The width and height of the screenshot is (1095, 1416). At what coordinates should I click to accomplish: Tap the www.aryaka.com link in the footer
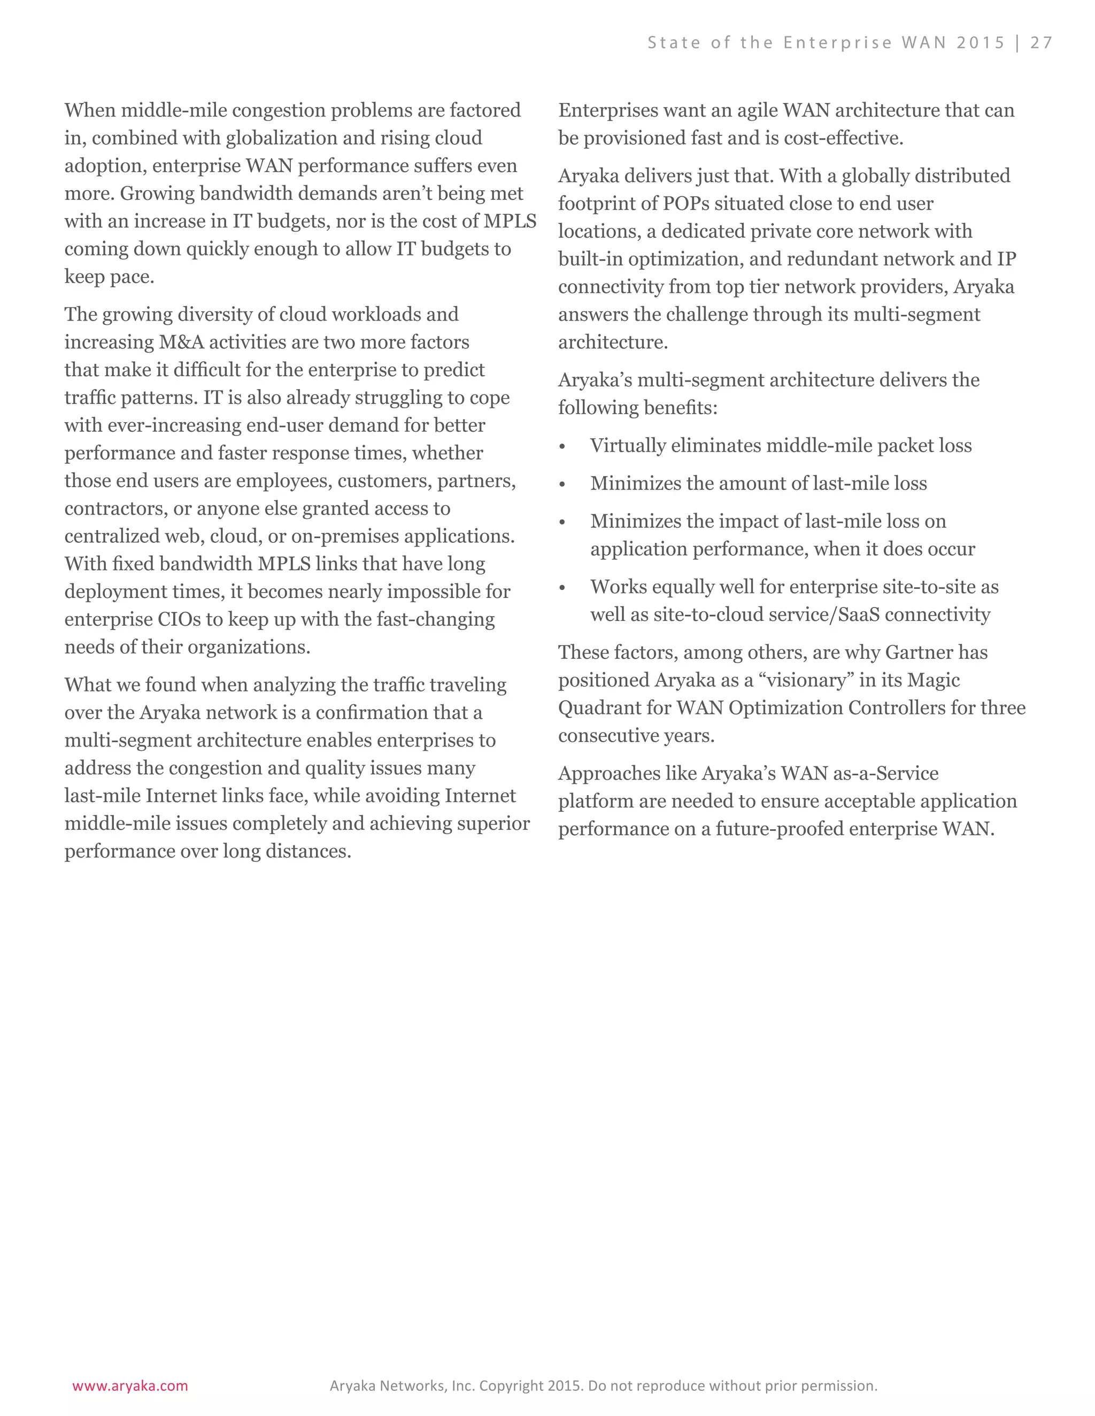130,1386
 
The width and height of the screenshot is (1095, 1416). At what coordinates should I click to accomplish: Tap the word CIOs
179,619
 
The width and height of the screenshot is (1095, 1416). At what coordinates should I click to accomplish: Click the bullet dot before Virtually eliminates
562,447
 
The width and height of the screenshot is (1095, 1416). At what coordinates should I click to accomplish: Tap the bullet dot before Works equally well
562,589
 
